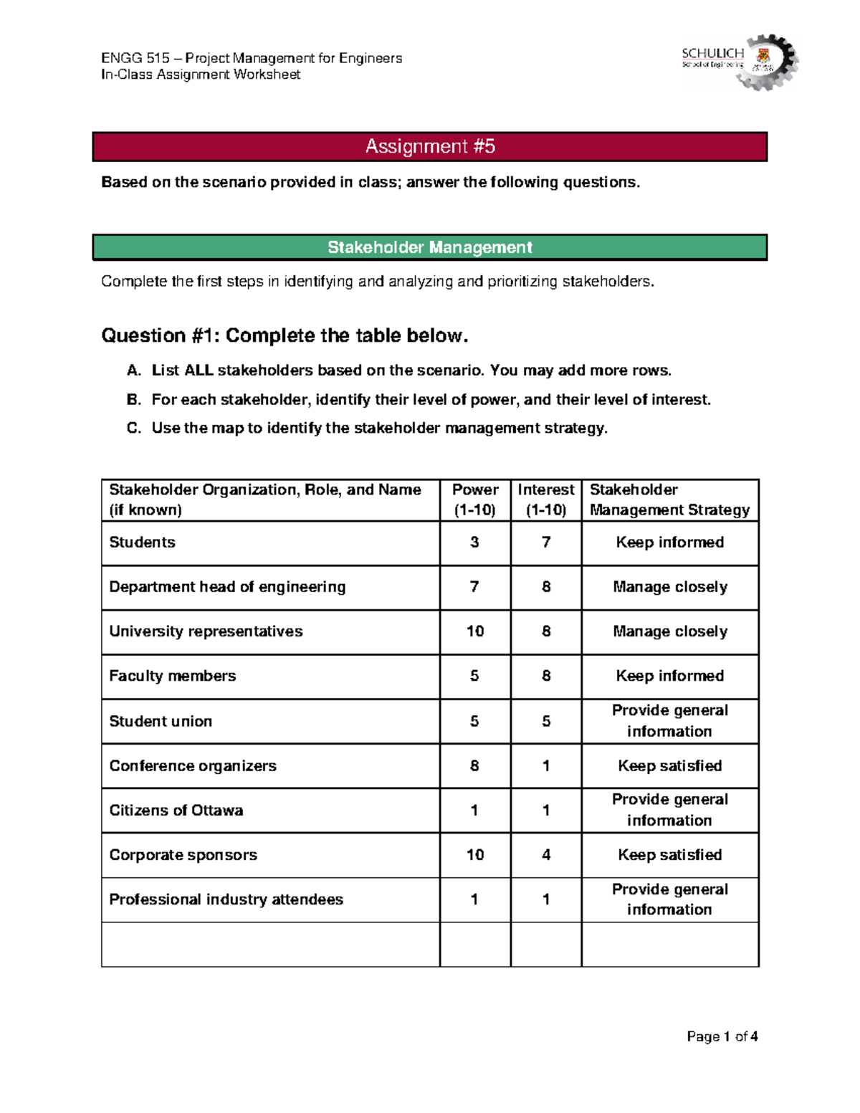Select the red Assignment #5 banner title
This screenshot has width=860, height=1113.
pyautogui.click(x=430, y=147)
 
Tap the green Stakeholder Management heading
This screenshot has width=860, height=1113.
pyautogui.click(x=430, y=247)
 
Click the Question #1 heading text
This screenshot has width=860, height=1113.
pyautogui.click(x=285, y=335)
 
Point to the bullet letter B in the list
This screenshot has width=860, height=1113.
pyautogui.click(x=133, y=400)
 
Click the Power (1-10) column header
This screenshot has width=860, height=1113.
pyautogui.click(x=475, y=500)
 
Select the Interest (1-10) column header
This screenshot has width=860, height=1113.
pyautogui.click(x=546, y=500)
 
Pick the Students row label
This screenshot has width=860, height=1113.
pyautogui.click(x=142, y=543)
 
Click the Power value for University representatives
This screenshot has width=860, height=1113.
pyautogui.click(x=475, y=631)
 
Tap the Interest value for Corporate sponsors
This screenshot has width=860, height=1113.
pyautogui.click(x=546, y=855)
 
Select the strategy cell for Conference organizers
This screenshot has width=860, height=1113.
pyautogui.click(x=670, y=766)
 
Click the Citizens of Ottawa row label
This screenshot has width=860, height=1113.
pyautogui.click(x=176, y=811)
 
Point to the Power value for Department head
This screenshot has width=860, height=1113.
pyautogui.click(x=474, y=587)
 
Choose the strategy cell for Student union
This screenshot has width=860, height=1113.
pyautogui.click(x=670, y=721)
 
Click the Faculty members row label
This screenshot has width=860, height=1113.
pyautogui.click(x=173, y=676)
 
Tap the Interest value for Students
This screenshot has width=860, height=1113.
pyautogui.click(x=546, y=543)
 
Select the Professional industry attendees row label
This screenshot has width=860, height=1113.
pyautogui.click(x=226, y=899)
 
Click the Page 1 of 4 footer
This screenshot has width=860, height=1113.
pyautogui.click(x=722, y=1036)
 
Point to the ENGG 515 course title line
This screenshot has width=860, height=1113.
pyautogui.click(x=252, y=58)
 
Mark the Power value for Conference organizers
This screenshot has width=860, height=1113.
pyautogui.click(x=474, y=766)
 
